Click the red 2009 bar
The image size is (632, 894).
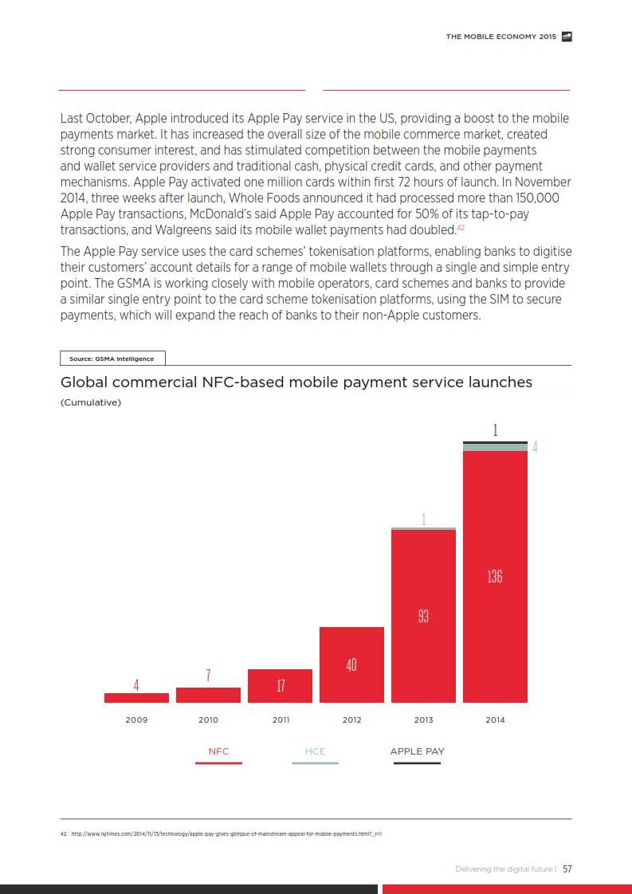136,698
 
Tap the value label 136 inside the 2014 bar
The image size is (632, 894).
495,576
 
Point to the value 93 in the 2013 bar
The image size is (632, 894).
423,616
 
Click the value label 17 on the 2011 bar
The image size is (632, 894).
281,685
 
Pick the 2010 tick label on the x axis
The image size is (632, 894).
208,720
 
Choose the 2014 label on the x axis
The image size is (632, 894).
495,720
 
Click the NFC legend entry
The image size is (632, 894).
218,751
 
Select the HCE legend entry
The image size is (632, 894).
315,751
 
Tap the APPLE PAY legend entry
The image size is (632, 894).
417,751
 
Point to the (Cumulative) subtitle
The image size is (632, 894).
91,402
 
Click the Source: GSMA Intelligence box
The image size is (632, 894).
112,359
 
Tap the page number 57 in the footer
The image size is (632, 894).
567,869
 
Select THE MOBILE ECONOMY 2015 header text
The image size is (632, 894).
501,37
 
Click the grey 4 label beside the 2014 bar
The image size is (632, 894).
535,448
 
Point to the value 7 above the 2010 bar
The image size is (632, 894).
208,676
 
